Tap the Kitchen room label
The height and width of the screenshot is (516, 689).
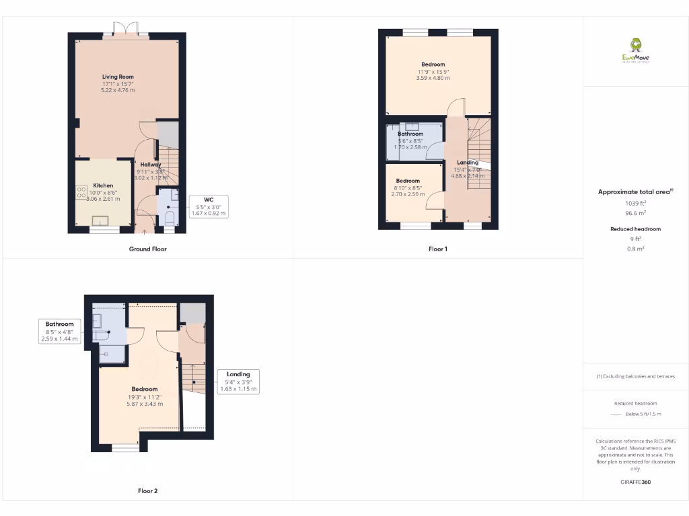103,185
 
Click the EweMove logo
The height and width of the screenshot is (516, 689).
636,51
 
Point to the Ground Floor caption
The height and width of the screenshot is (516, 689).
148,249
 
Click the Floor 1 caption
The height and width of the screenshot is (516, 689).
438,249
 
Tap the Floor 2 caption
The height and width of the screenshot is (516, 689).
148,491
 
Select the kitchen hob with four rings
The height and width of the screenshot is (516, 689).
81,191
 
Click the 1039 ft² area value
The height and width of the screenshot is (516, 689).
635,203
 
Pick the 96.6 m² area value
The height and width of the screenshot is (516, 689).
635,212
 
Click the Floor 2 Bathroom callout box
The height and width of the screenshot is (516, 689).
60,332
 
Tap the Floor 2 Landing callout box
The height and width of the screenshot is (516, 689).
238,382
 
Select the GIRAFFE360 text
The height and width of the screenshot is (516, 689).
635,482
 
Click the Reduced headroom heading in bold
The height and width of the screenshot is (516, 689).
635,229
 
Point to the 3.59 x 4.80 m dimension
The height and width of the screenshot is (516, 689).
433,79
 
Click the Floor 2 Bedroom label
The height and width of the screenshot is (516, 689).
145,389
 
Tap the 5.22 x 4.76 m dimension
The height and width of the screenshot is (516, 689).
118,90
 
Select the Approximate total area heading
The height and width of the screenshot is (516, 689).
635,191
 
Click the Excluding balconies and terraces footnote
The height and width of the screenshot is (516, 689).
635,376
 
